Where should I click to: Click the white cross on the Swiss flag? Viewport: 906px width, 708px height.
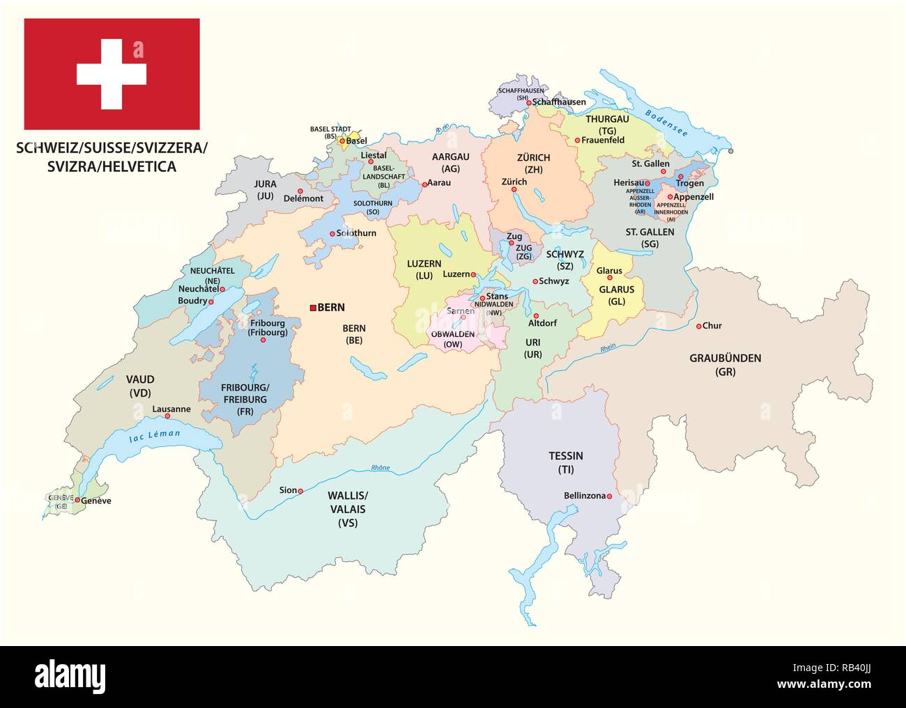point(112,74)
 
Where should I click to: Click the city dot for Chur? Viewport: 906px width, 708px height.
point(698,326)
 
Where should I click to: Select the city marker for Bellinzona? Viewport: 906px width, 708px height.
point(609,496)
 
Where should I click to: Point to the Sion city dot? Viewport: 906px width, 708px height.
point(300,491)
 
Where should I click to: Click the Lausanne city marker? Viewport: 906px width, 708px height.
point(167,417)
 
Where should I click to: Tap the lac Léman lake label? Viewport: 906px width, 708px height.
point(155,437)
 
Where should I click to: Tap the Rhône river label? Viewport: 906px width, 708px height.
point(381,468)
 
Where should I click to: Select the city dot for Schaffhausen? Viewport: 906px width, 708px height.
point(529,102)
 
